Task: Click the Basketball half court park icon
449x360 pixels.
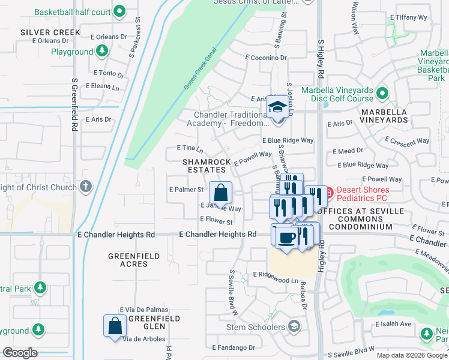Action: click(119, 11)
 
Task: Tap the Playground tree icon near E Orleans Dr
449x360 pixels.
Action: click(103, 52)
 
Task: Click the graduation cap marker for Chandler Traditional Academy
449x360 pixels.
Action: click(277, 107)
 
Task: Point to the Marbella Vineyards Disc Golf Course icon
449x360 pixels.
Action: click(382, 94)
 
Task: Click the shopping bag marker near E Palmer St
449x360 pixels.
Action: click(221, 193)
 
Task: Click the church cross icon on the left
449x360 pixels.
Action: click(85, 187)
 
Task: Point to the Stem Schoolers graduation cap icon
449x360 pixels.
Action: click(294, 327)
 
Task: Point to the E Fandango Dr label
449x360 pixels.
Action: click(233, 347)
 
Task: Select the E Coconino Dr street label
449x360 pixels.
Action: click(266, 58)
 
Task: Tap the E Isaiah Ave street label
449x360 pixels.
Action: click(393, 324)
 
